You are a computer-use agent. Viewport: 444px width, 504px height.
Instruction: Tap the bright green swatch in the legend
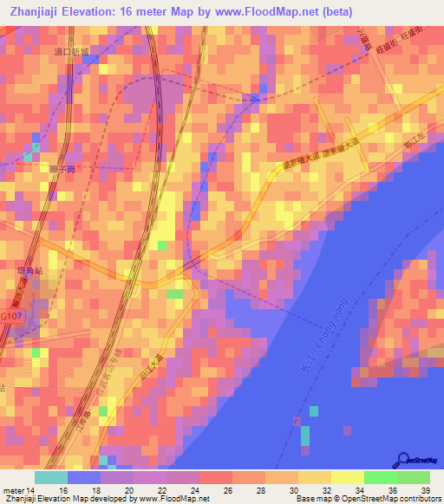(381, 477)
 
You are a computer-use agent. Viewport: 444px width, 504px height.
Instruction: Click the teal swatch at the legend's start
(50, 477)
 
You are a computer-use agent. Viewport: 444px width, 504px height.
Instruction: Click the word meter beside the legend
(14, 491)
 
